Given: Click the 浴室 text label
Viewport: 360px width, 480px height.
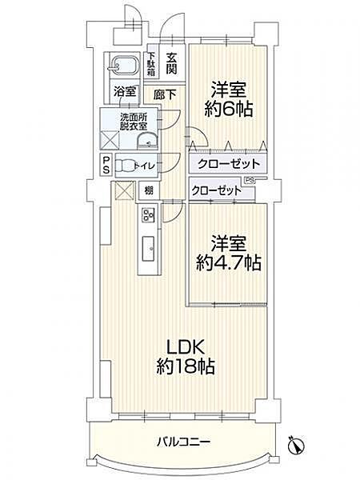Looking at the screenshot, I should [124, 92].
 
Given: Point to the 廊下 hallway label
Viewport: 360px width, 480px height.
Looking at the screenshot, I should [164, 93].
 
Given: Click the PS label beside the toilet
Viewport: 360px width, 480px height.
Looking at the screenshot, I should [106, 165].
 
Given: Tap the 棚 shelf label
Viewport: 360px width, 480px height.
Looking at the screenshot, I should [149, 191].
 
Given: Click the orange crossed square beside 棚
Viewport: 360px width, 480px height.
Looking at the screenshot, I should [122, 191].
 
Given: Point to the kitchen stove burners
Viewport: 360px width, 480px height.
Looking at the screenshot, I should [148, 214].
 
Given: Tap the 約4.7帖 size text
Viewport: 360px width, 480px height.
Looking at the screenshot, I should [230, 262].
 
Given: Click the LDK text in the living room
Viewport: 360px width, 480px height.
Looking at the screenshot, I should [186, 348].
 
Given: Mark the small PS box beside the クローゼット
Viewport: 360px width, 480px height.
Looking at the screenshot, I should [250, 180].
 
